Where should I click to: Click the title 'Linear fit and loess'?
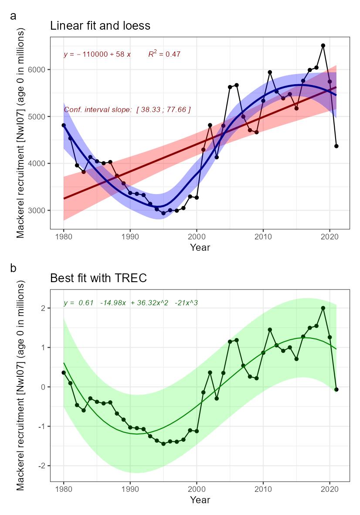tap(100, 26)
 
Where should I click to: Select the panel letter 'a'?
tap(14, 16)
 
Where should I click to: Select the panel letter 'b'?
tap(14, 268)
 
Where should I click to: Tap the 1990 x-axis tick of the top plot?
tap(130, 237)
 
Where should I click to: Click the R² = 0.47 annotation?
tap(164, 54)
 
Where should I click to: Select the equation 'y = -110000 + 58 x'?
tap(97, 55)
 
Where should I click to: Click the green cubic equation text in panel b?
tap(131, 303)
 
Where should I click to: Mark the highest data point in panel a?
tap(323, 45)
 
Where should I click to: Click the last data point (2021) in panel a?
tap(336, 146)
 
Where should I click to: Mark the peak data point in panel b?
tap(323, 308)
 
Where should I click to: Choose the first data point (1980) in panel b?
tap(64, 372)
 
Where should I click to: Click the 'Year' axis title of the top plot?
tap(200, 248)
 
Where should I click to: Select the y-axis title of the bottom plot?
tap(20, 385)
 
